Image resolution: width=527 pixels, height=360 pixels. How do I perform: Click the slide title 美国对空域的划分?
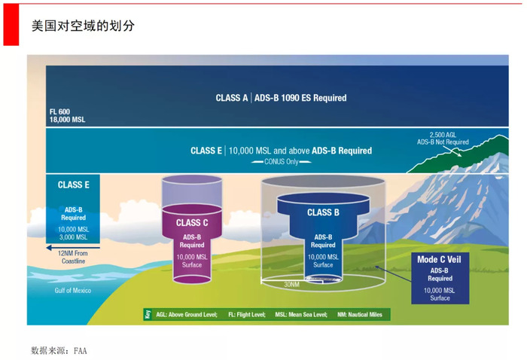pyautogui.click(x=83, y=26)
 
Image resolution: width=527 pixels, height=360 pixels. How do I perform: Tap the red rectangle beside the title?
pyautogui.click(x=11, y=25)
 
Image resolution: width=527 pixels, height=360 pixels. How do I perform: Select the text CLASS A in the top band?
pyautogui.click(x=232, y=98)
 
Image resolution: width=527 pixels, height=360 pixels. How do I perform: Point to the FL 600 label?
pyautogui.click(x=59, y=111)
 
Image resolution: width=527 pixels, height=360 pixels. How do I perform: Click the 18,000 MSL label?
pyautogui.click(x=67, y=120)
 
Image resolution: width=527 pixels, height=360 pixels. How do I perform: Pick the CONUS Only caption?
pyautogui.click(x=282, y=162)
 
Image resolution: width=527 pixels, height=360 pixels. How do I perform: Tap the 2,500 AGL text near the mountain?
pyautogui.click(x=443, y=135)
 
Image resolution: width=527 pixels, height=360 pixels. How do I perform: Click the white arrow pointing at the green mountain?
pyautogui.click(x=452, y=151)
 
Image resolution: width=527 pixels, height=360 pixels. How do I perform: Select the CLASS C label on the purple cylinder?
pyautogui.click(x=192, y=223)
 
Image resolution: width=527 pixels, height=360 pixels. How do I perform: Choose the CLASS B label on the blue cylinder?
pyautogui.click(x=323, y=212)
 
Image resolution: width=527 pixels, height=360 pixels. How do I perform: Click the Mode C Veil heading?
pyautogui.click(x=439, y=260)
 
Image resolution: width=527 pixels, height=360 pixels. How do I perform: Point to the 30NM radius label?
pyautogui.click(x=291, y=285)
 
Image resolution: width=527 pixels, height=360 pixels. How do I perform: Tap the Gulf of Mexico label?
pyautogui.click(x=72, y=291)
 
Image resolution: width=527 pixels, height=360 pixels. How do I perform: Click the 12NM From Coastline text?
pyautogui.click(x=73, y=257)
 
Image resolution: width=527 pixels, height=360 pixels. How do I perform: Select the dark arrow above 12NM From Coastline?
pyautogui.click(x=73, y=248)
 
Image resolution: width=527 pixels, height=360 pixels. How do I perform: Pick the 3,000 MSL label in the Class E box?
pyautogui.click(x=73, y=237)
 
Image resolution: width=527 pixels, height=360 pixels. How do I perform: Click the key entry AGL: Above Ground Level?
pyautogui.click(x=187, y=315)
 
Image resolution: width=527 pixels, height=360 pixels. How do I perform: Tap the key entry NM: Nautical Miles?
pyautogui.click(x=360, y=315)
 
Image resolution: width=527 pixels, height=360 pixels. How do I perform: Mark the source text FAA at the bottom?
pyautogui.click(x=81, y=351)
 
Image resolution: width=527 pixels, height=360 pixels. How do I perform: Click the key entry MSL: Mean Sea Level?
pyautogui.click(x=301, y=315)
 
